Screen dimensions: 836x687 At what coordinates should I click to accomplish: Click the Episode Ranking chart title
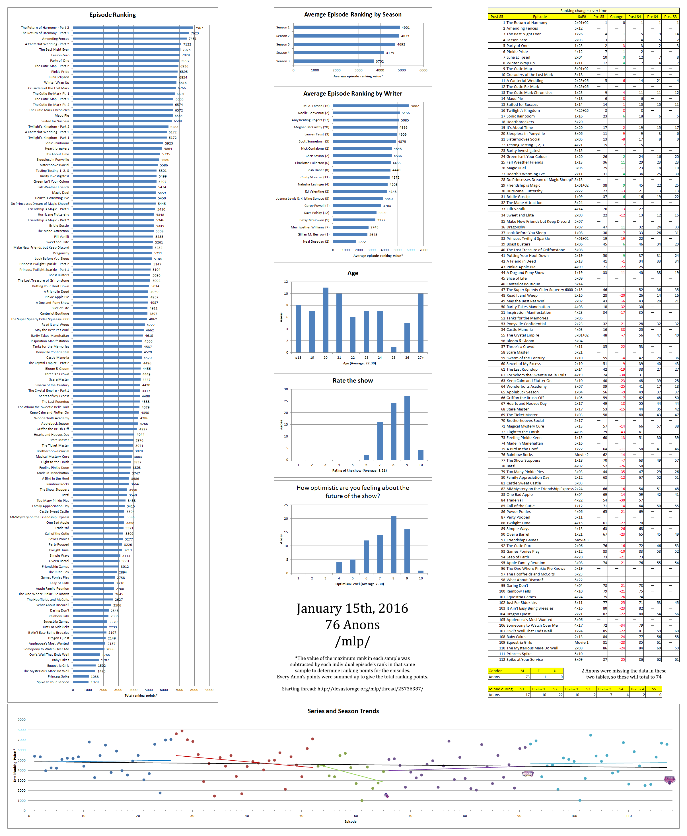pos(112,15)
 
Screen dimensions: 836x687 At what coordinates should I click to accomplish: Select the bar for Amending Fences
pos(130,39)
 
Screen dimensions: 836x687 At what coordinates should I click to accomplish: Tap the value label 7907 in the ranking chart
pos(199,28)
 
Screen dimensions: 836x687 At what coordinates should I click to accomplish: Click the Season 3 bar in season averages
pos(334,61)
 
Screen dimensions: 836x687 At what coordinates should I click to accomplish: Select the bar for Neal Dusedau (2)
pos(344,241)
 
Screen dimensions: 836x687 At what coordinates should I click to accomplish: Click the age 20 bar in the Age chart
pos(326,319)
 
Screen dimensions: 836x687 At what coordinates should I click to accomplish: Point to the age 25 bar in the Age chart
pos(393,350)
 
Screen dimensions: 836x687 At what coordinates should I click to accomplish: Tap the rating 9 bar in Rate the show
pos(407,428)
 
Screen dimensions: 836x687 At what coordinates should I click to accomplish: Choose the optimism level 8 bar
pos(393,544)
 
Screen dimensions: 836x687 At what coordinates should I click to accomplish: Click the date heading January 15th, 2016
pos(352,608)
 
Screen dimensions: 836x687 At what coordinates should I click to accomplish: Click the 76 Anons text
pos(352,625)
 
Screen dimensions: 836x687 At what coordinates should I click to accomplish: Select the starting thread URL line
pos(352,688)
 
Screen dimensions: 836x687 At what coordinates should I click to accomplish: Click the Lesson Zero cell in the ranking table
pos(517,40)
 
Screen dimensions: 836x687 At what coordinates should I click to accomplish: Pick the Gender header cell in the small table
pos(495,671)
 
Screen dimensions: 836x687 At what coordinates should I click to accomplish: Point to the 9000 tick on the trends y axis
pos(21,720)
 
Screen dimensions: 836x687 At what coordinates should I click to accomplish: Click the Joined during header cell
pos(500,689)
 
